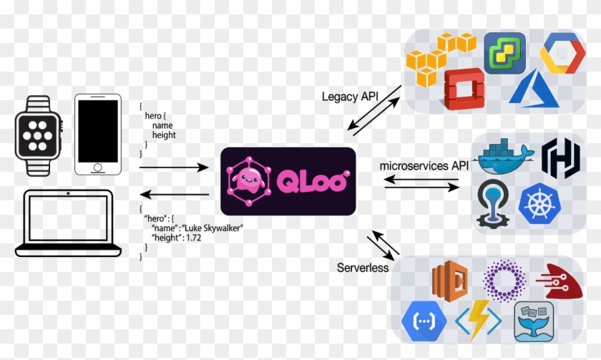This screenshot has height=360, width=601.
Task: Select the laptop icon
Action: [68, 223]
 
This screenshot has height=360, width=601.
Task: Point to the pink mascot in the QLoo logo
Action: [250, 183]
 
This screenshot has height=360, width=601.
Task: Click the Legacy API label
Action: [351, 97]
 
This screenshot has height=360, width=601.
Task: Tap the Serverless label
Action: [363, 268]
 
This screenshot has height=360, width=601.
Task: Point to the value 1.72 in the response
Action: [192, 237]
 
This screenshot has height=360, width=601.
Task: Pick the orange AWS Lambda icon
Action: [449, 281]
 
